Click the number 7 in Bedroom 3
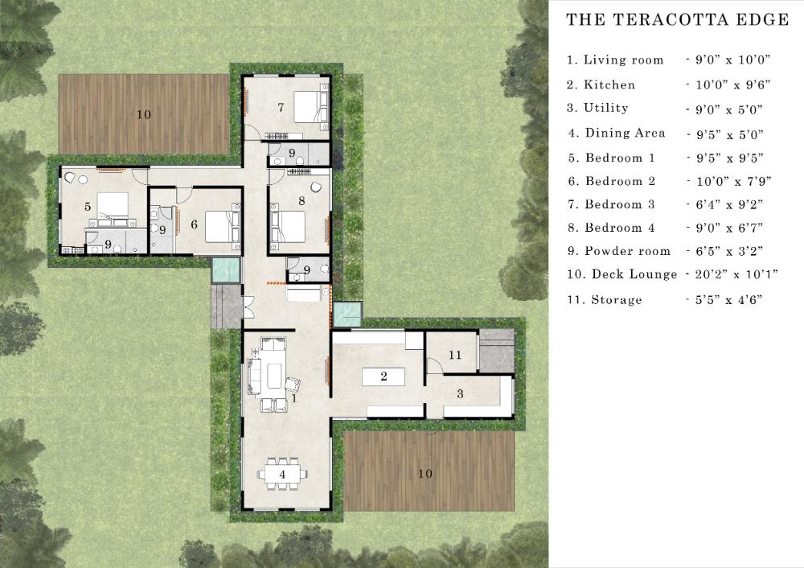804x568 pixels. pos(281,107)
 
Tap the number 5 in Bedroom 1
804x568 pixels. pos(88,206)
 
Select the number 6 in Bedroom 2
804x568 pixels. pos(194,224)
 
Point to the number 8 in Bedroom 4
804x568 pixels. pos(301,200)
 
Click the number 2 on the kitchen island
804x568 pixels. pos(384,377)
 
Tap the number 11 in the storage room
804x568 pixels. pos(455,355)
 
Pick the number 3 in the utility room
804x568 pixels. pos(460,393)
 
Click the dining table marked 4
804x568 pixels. pos(282,474)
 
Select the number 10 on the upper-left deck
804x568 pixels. pos(144,114)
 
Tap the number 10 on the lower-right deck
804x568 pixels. pos(425,474)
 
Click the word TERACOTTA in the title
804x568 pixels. pos(671,20)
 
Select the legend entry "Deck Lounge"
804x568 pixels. pos(634,274)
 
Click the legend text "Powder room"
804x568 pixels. pos(628,251)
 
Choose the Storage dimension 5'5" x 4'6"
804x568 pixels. pos(728,299)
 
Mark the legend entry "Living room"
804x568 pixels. pos(624,60)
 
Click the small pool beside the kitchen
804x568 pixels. pos(347,314)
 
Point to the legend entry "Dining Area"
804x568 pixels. pos(625,133)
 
